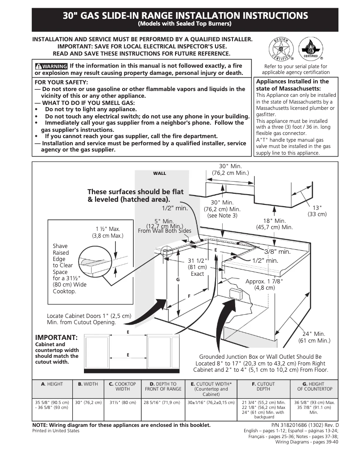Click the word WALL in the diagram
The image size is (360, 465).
(x=159, y=174)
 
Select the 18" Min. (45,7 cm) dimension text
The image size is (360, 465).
(x=274, y=224)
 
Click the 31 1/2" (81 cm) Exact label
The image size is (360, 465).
(x=197, y=267)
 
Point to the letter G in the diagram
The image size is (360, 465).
(x=178, y=279)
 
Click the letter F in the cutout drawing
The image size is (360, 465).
(x=189, y=296)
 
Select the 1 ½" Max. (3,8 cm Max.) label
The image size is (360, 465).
(x=108, y=232)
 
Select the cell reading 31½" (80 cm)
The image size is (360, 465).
(x=123, y=403)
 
